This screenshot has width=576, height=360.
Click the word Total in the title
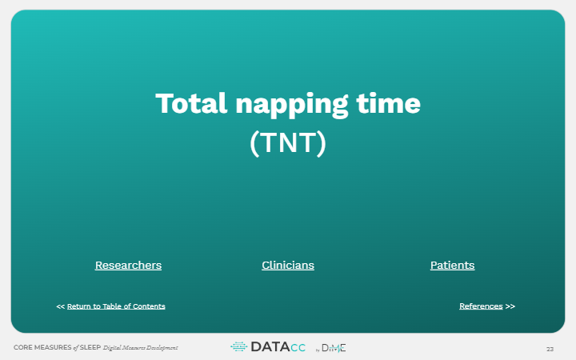(191, 103)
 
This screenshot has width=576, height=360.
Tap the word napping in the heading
(292, 105)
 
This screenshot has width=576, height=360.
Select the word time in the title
(388, 103)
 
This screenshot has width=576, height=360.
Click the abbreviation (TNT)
(288, 143)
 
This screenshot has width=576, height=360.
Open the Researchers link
(128, 266)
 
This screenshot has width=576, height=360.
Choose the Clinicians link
(288, 266)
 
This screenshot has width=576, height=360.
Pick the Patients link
(453, 266)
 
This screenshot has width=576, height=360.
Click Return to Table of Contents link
(116, 306)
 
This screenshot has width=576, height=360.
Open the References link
(481, 306)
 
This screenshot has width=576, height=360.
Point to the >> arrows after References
(510, 306)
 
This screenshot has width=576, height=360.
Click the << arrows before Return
(61, 306)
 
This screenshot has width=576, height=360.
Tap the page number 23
(550, 349)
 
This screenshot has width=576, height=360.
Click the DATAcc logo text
(278, 346)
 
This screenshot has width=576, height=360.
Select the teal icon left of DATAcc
(239, 346)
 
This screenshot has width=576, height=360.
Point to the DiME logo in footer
(334, 348)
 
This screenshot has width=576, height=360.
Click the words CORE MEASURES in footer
(42, 347)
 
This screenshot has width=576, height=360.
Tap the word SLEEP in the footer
(90, 347)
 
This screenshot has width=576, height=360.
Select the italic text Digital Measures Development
(140, 347)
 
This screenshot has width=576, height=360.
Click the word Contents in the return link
(149, 306)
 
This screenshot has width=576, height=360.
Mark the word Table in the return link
(112, 306)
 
